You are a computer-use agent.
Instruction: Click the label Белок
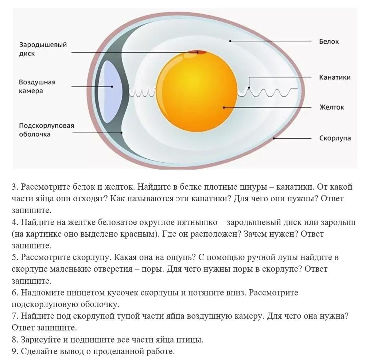(329, 42)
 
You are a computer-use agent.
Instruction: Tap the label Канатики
(335, 77)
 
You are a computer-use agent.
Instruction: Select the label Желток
(331, 107)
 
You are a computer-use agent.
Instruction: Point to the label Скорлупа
(335, 138)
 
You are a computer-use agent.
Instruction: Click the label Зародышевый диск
(43, 49)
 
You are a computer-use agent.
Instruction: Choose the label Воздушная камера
(37, 86)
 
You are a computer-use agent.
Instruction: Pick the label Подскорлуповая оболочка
(46, 130)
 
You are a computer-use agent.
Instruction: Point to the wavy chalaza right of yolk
(270, 92)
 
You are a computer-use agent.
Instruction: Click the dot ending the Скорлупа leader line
(274, 139)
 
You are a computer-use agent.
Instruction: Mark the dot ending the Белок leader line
(230, 41)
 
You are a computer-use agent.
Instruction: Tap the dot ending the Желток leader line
(224, 108)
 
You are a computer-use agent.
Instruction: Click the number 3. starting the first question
(15, 187)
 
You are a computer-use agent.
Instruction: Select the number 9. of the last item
(15, 352)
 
